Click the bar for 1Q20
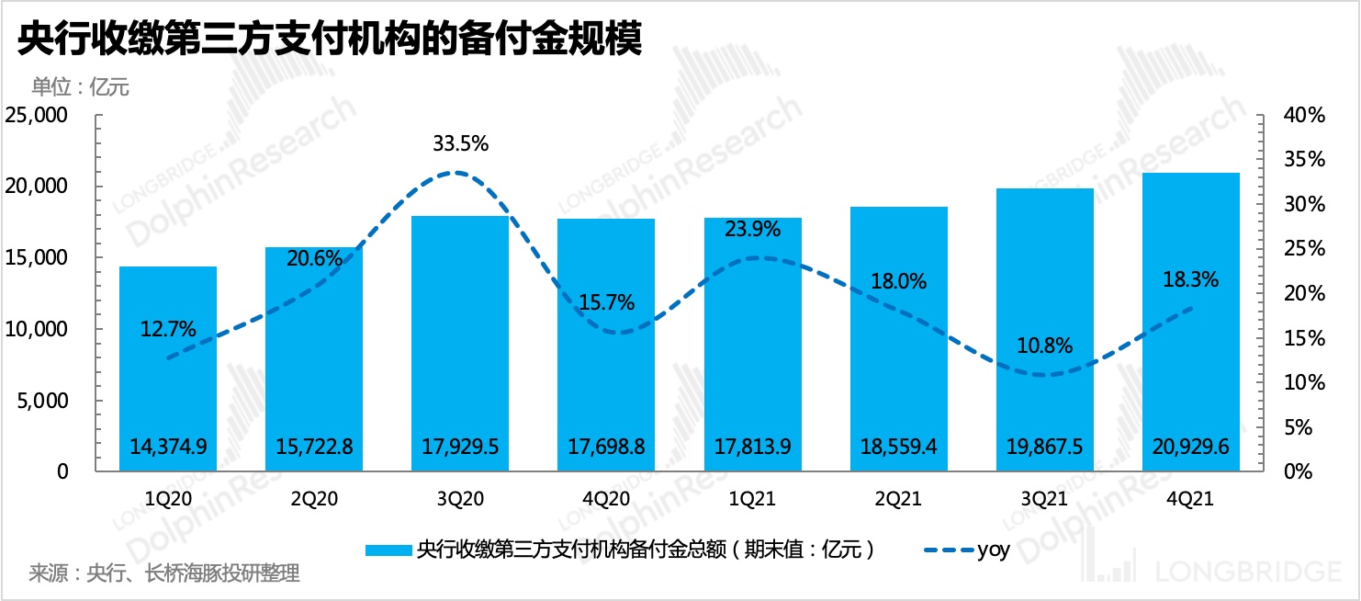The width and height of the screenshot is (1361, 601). tap(168, 368)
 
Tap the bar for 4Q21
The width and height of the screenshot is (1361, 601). tap(1191, 322)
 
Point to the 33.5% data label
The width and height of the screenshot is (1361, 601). tap(460, 143)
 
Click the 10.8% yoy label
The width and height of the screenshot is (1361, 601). tap(1045, 346)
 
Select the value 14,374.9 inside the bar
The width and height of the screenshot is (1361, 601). tap(168, 447)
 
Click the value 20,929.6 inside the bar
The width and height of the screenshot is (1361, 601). tap(1191, 447)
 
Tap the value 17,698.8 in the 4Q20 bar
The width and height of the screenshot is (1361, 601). tap(606, 447)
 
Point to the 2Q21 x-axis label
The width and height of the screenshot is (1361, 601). tap(899, 498)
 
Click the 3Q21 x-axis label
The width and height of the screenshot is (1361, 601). tap(1045, 498)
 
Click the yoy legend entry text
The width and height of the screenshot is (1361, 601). tap(994, 550)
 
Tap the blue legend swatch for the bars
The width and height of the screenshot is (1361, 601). tap(388, 550)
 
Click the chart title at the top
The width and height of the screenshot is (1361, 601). tap(329, 40)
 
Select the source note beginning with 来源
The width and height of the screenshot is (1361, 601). tap(164, 574)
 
